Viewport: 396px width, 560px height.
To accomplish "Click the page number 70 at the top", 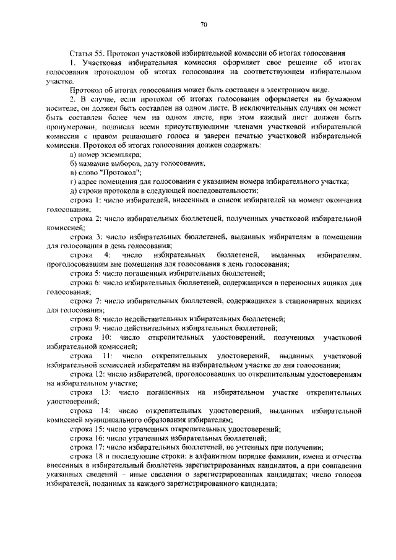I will click(203, 24).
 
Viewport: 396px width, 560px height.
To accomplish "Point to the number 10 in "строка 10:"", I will click(106, 337).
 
